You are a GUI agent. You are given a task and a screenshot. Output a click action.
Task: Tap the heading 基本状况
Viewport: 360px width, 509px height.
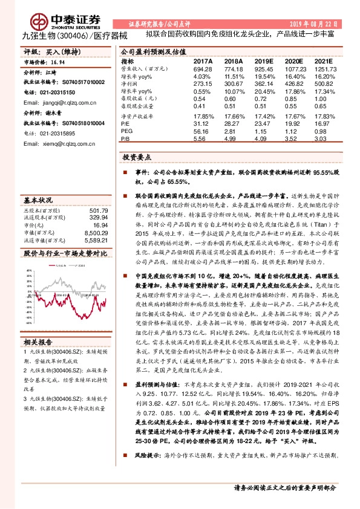(x=38, y=199)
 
